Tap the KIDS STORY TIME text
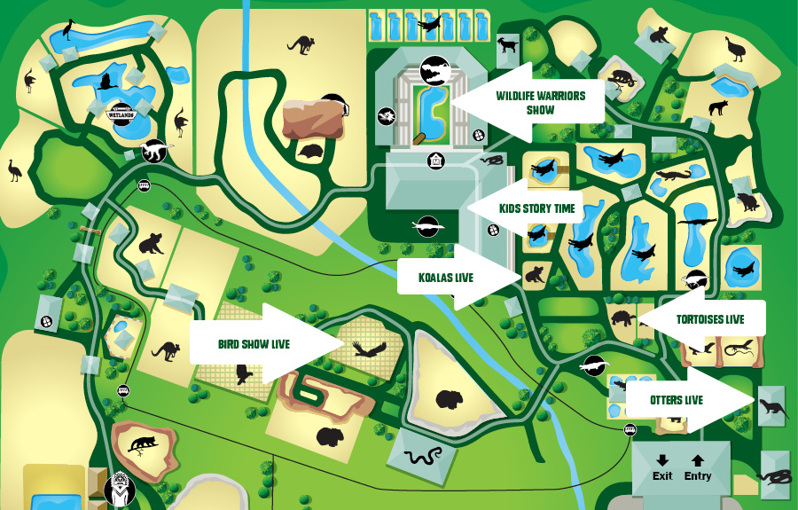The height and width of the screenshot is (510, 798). click(x=537, y=209)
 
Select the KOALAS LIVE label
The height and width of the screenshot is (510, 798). click(x=445, y=278)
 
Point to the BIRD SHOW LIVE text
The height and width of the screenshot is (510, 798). click(x=254, y=344)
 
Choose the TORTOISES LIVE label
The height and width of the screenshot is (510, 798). click(x=709, y=319)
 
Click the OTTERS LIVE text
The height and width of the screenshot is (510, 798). click(x=677, y=400)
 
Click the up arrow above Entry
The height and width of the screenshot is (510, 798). click(x=698, y=460)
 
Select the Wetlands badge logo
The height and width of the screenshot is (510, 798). click(x=120, y=109)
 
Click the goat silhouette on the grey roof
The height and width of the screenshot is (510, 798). click(x=507, y=45)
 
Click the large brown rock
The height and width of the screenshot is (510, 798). click(x=314, y=119)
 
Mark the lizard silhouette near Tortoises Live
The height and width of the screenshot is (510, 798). click(x=736, y=351)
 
